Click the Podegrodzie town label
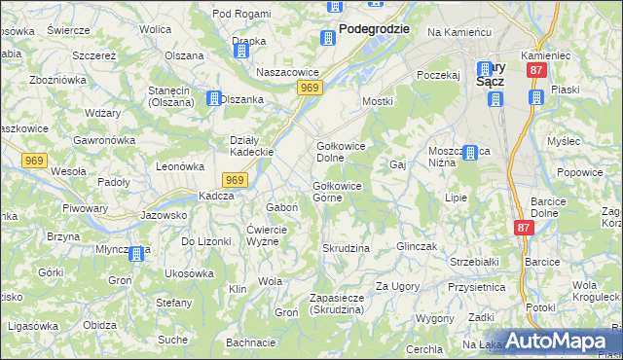point(374,29)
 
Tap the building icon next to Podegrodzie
point(327,37)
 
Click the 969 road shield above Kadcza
point(235,180)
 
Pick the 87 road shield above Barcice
point(526,228)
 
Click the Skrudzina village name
point(346,248)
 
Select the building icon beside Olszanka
point(214,98)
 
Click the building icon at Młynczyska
point(136,255)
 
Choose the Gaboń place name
point(281,207)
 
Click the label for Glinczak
point(421,246)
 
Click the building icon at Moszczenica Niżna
point(471,153)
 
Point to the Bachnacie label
point(251,342)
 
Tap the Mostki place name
point(377,101)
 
